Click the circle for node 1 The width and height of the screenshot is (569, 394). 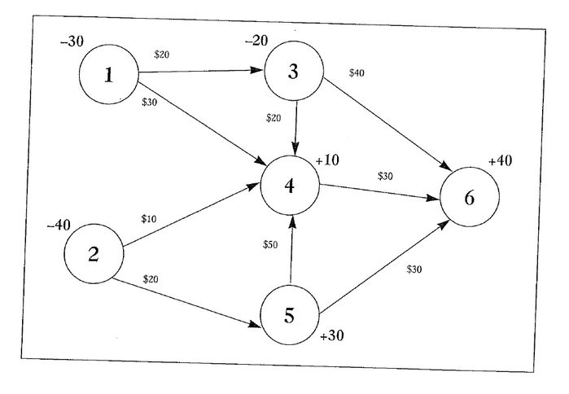(107, 76)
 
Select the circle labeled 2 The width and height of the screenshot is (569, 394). (94, 253)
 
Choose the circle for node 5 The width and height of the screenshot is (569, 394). (290, 315)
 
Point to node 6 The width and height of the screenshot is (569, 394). (470, 197)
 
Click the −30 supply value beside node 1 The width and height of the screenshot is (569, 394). (72, 42)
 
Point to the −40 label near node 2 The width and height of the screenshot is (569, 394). (59, 225)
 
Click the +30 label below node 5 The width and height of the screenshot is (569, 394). (333, 336)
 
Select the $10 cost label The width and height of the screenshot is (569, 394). (149, 218)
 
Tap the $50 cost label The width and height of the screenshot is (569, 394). (271, 245)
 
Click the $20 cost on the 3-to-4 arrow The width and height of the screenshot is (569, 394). (274, 118)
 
